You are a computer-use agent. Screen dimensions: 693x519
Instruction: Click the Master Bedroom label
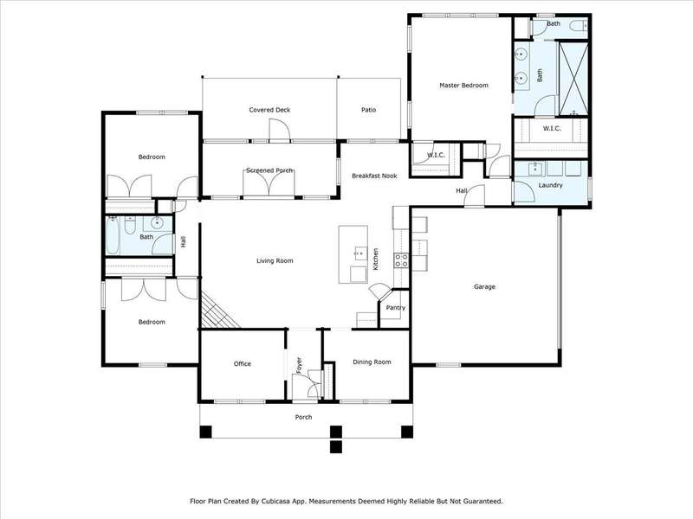[x=463, y=85]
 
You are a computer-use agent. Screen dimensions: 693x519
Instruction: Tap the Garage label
[x=484, y=287]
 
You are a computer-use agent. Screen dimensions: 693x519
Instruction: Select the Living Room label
[x=275, y=261]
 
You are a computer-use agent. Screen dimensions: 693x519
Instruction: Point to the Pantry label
[x=396, y=308]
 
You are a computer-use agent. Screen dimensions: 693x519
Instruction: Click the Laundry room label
[x=550, y=185]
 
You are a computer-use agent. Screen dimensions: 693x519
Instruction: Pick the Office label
[x=243, y=363]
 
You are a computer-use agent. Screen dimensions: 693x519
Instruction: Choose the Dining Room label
[x=372, y=362]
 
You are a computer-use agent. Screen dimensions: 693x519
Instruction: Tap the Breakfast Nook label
[x=374, y=176]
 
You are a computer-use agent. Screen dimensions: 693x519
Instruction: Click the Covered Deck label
[x=269, y=110]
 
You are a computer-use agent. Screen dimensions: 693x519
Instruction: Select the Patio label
[x=369, y=110]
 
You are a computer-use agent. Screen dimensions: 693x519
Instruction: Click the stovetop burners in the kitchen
[x=401, y=260]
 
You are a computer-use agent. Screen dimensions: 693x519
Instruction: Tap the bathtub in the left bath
[x=113, y=235]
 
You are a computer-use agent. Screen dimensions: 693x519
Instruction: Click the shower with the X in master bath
[x=573, y=79]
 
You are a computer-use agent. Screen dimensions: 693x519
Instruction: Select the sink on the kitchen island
[x=360, y=253]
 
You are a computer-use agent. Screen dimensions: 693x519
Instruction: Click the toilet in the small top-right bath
[x=578, y=26]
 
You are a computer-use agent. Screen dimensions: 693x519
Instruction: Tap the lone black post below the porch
[x=336, y=446]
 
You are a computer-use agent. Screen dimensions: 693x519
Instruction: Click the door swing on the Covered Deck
[x=279, y=131]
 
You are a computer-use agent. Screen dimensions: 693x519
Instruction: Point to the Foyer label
[x=299, y=365]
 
